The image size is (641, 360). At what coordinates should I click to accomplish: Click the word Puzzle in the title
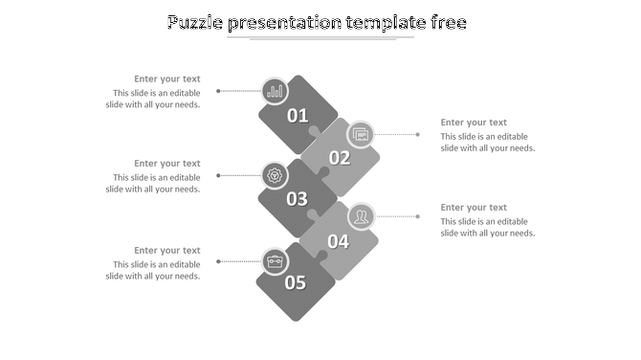click(x=194, y=22)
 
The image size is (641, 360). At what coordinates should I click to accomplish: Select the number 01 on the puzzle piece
click(x=298, y=117)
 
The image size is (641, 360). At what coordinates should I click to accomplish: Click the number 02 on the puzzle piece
click(x=340, y=158)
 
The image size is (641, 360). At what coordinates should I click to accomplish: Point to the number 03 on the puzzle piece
click(x=297, y=199)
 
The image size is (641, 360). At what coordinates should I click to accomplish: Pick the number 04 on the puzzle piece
click(x=339, y=241)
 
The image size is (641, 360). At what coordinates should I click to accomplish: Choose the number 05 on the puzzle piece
click(x=295, y=282)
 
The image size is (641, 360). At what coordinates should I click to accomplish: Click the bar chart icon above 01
click(x=276, y=91)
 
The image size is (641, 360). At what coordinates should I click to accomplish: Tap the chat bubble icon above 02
click(x=361, y=134)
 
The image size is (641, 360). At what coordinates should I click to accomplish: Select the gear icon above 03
click(x=276, y=175)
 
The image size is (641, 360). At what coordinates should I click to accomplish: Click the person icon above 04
click(x=361, y=216)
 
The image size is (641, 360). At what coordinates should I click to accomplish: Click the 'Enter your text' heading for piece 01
click(x=167, y=79)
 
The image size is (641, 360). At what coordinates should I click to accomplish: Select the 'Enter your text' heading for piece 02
click(x=474, y=123)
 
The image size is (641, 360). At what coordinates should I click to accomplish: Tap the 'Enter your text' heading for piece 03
click(x=167, y=164)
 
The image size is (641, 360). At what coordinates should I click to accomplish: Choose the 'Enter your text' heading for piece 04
click(x=474, y=208)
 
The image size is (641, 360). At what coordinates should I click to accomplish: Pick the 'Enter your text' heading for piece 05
click(x=167, y=251)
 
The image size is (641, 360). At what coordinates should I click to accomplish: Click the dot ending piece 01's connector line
click(x=218, y=91)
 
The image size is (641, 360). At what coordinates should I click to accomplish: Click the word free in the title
click(x=447, y=22)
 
